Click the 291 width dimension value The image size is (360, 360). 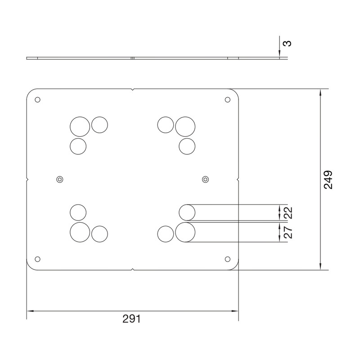[131, 319]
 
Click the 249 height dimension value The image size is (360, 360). [328, 180]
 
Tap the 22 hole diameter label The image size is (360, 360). [288, 213]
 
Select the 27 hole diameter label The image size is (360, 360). [288, 232]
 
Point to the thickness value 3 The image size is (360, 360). [287, 43]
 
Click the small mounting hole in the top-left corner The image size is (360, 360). [37, 99]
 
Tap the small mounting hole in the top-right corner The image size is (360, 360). [228, 99]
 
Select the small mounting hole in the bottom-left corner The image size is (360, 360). [37, 259]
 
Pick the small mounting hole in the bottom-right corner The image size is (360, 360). [228, 259]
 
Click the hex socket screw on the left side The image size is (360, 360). [60, 179]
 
